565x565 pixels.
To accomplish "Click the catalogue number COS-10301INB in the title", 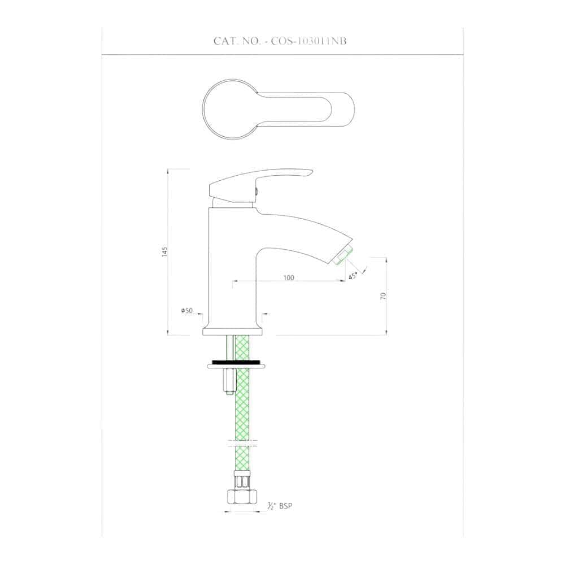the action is [309, 41].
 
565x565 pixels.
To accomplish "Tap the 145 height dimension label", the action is [165, 251].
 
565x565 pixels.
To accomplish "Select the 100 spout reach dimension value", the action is [289, 277].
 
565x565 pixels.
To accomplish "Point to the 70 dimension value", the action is [383, 296].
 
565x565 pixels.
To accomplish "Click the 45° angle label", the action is [353, 276].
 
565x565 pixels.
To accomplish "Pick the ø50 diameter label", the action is [187, 310].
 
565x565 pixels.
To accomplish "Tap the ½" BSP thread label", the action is [280, 506].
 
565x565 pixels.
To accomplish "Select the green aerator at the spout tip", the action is [342, 255].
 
